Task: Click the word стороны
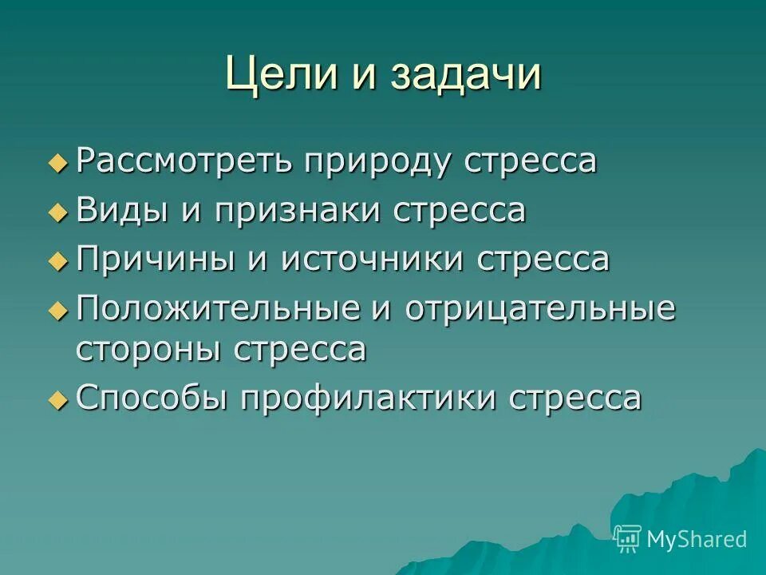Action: [148, 350]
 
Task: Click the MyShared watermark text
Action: [697, 539]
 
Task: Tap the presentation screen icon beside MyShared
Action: [628, 539]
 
